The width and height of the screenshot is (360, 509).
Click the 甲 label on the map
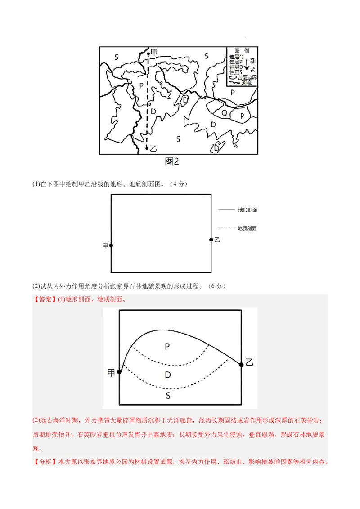[154, 53]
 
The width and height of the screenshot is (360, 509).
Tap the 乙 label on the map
[153, 148]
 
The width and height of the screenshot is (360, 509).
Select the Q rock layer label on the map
[224, 113]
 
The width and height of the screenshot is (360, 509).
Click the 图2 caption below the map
[172, 161]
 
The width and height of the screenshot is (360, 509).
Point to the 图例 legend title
[242, 51]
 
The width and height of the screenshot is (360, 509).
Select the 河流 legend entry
[247, 83]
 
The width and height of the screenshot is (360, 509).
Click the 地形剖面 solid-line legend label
[247, 210]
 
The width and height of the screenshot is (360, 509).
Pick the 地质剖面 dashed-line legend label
[247, 228]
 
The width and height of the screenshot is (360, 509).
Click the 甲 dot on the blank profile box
[111, 246]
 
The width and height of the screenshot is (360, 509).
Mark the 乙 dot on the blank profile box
[211, 240]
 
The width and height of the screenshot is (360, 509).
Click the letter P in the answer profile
[167, 346]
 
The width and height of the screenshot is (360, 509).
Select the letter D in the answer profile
[168, 375]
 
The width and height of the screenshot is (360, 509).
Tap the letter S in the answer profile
[168, 396]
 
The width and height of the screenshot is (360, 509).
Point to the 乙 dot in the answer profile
[241, 365]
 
